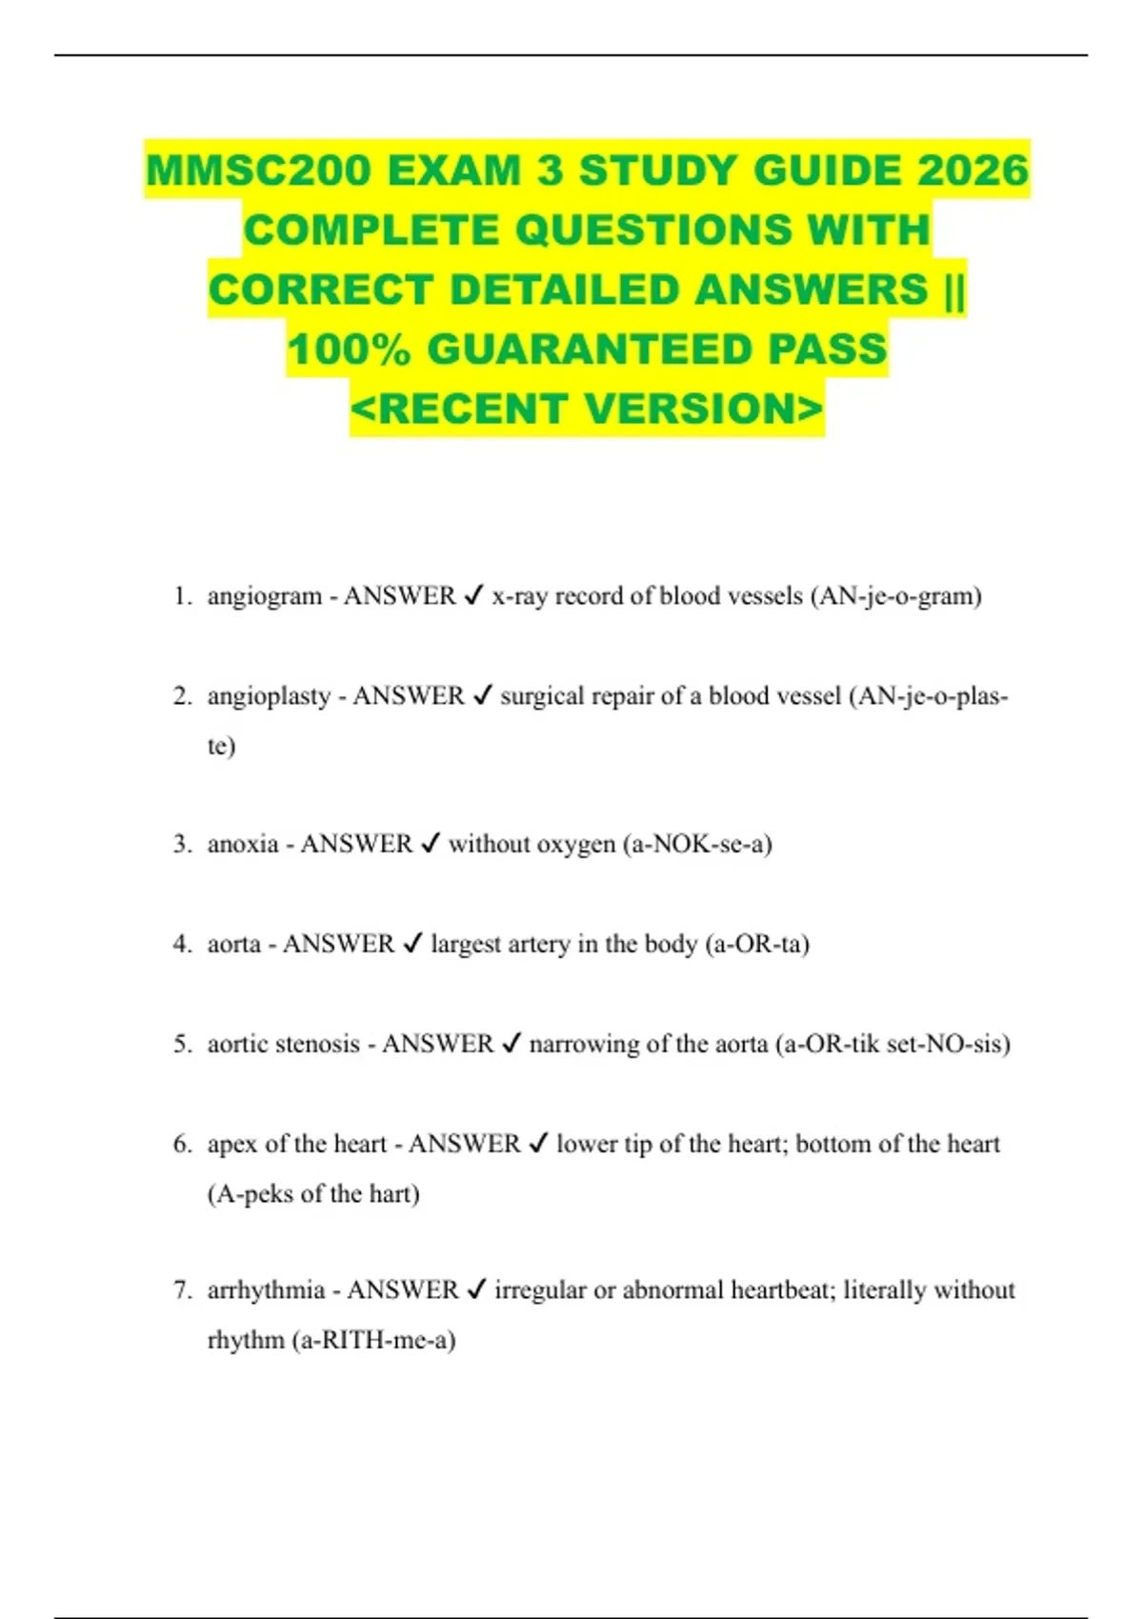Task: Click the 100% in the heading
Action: click(349, 350)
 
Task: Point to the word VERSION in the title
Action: click(703, 410)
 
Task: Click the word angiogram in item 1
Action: click(264, 597)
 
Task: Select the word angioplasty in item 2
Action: click(269, 697)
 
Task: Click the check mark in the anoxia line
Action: click(431, 844)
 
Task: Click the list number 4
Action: click(182, 944)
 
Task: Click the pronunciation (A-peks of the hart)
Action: click(313, 1194)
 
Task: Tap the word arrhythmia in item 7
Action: click(266, 1290)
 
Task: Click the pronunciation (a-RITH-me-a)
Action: click(374, 1341)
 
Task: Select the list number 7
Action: click(182, 1290)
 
